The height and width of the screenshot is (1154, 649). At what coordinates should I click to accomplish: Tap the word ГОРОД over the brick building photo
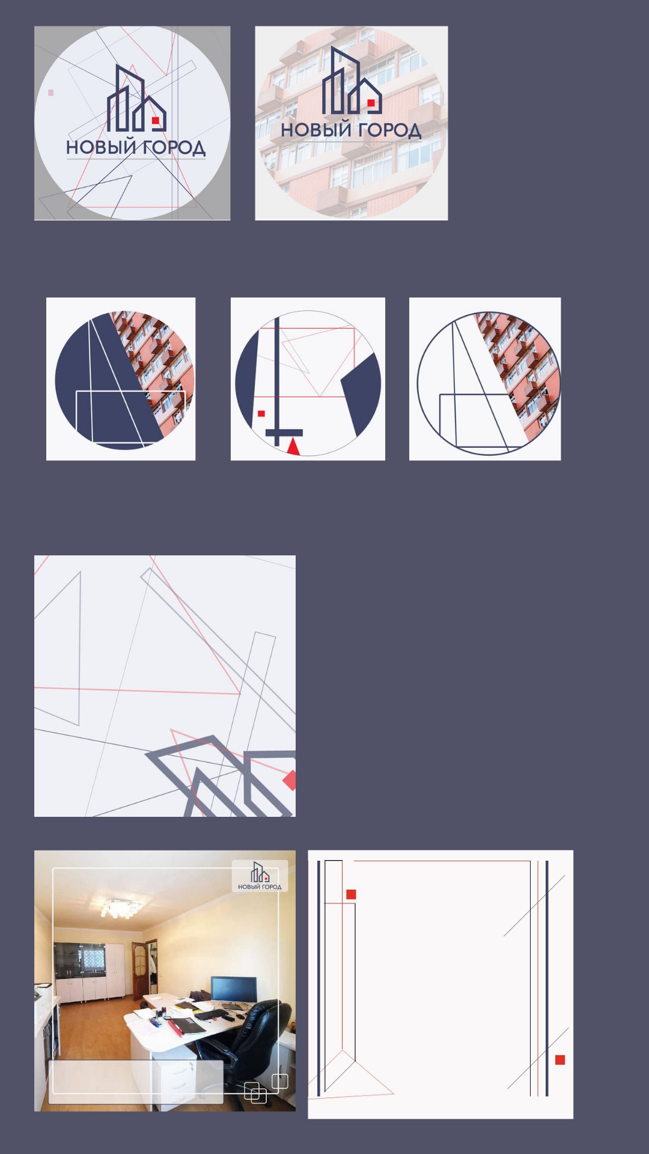coord(389,130)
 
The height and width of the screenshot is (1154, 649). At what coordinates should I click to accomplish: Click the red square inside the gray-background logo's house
coord(155,120)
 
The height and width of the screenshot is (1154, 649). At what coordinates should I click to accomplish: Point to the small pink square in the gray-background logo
coord(50,93)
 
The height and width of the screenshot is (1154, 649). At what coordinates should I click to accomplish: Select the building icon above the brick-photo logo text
coord(352,81)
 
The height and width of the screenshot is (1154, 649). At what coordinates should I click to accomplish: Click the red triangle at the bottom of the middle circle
coord(293,446)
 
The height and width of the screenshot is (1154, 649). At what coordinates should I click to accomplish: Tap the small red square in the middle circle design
coord(261,414)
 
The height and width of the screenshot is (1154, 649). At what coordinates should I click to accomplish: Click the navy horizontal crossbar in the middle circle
coord(284,433)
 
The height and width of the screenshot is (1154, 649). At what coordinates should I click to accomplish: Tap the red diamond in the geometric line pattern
coord(290,780)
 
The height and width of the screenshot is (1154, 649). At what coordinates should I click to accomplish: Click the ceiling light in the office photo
coord(120,908)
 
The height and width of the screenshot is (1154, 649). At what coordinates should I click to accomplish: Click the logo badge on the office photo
coord(260,876)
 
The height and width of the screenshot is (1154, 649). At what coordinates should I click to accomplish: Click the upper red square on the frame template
coord(352,894)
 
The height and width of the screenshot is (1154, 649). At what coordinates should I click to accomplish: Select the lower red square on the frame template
coord(560,1060)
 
